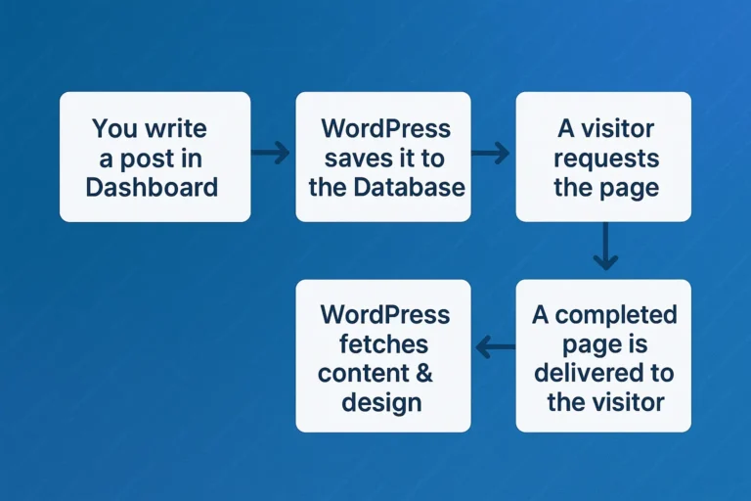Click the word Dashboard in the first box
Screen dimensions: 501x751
click(x=152, y=187)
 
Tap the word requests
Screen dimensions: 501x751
click(x=606, y=158)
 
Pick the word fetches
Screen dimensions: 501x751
click(x=384, y=344)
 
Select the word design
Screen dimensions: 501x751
click(x=381, y=402)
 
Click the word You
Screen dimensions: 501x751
click(x=114, y=128)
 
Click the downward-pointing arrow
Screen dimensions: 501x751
click(x=605, y=247)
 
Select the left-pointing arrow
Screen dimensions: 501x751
click(x=495, y=344)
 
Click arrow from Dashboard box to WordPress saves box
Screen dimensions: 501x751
click(x=271, y=153)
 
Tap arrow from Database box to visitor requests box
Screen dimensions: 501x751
click(x=491, y=153)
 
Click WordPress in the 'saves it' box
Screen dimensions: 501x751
click(x=385, y=128)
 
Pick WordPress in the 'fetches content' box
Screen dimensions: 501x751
click(x=385, y=315)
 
